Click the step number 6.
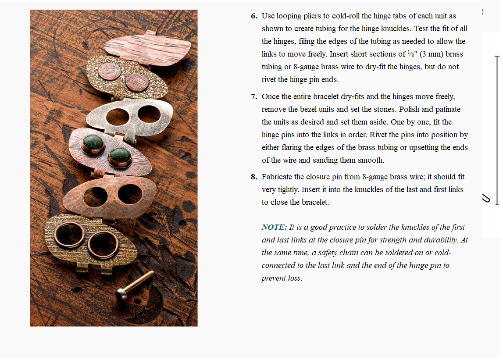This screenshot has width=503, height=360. click(x=254, y=16)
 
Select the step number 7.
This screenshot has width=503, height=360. click(x=254, y=96)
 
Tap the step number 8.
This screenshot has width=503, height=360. click(x=254, y=177)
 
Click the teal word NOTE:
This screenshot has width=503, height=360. click(x=274, y=227)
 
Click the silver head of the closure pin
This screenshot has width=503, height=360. click(x=121, y=294)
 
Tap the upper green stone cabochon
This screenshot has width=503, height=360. click(x=93, y=143)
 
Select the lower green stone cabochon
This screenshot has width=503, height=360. click(x=120, y=156)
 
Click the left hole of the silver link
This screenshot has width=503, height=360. click(x=118, y=117)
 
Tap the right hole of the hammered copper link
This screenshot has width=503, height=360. click(x=130, y=194)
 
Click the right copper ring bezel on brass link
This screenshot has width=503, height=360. click(x=103, y=246)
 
